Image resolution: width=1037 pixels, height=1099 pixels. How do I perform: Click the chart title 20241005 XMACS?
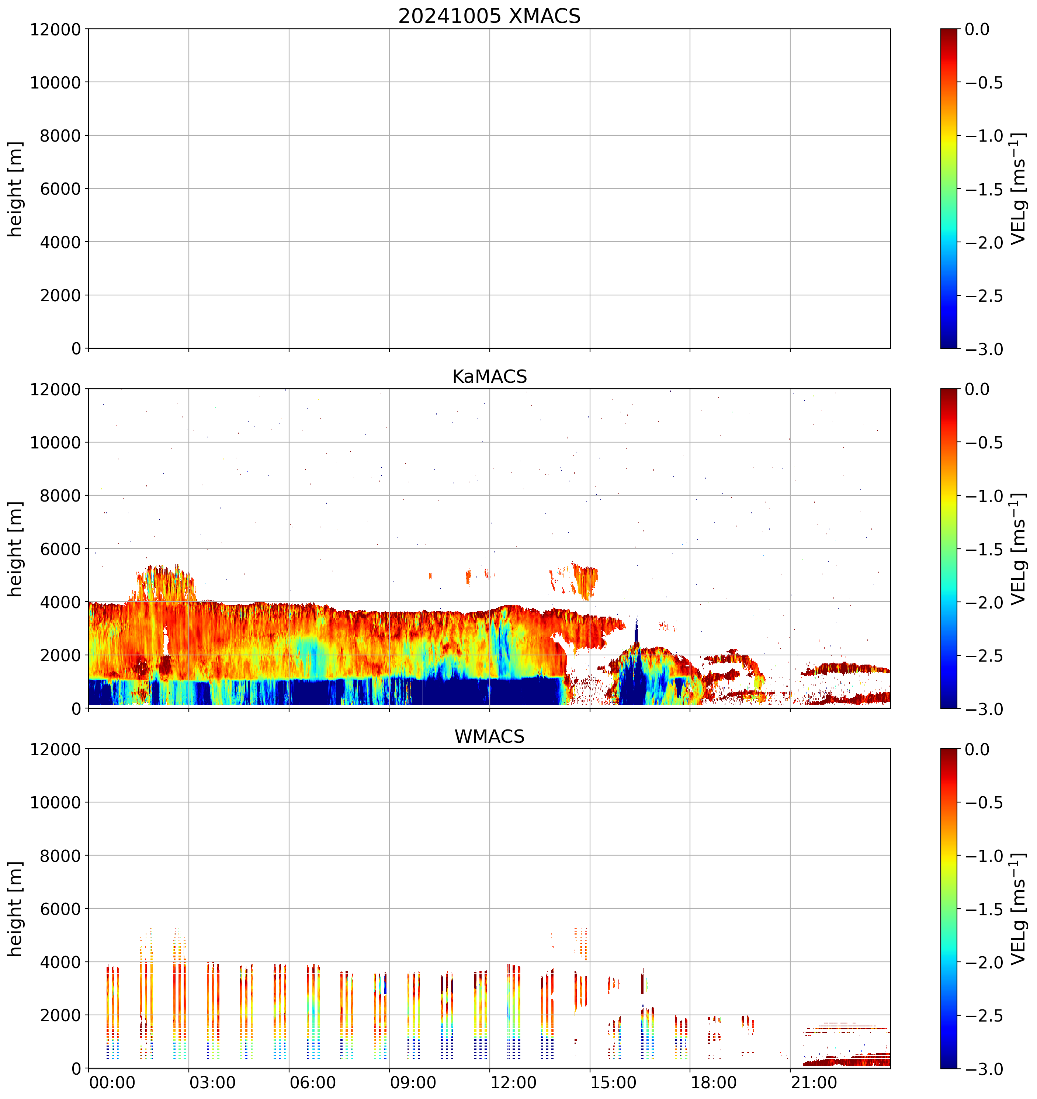(489, 16)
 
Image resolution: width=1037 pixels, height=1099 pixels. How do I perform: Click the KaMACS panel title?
(489, 377)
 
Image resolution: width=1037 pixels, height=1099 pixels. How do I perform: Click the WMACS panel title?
(489, 736)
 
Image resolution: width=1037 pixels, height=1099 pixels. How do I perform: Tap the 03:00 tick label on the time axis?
(212, 1082)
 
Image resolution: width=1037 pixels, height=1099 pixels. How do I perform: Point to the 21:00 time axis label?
(814, 1082)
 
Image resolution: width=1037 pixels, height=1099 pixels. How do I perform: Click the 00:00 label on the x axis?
(112, 1082)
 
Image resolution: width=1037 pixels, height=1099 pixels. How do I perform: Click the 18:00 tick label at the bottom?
(714, 1082)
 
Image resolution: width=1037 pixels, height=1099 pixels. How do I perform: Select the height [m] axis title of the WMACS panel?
(15, 908)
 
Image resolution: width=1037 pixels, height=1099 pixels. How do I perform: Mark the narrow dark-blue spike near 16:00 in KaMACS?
(636, 633)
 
